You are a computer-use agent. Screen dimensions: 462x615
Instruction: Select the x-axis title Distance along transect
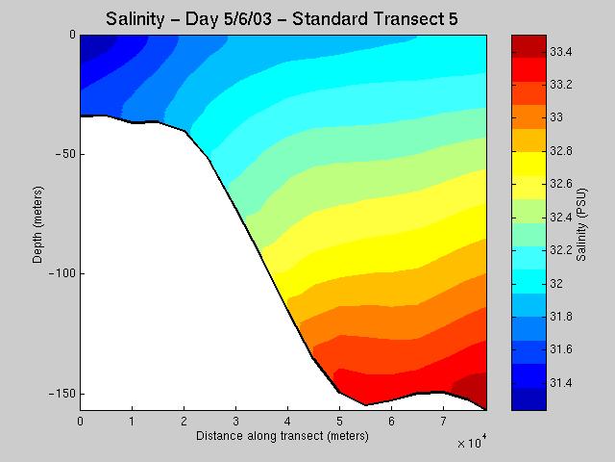tap(282, 436)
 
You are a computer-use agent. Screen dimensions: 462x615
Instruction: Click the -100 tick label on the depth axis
tap(61, 274)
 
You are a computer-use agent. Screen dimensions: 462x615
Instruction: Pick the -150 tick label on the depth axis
tap(61, 394)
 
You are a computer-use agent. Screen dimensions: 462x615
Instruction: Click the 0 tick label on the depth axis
tap(72, 35)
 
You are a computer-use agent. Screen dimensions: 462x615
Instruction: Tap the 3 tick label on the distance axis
tap(235, 422)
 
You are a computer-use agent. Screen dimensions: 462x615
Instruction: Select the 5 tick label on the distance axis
tap(339, 422)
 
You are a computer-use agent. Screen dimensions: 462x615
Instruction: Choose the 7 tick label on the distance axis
tap(443, 422)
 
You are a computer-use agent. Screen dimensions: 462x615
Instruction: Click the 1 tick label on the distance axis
tap(132, 422)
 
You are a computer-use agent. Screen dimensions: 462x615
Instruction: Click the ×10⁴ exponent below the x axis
tap(472, 442)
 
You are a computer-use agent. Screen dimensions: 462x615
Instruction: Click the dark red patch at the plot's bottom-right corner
tap(477, 386)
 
